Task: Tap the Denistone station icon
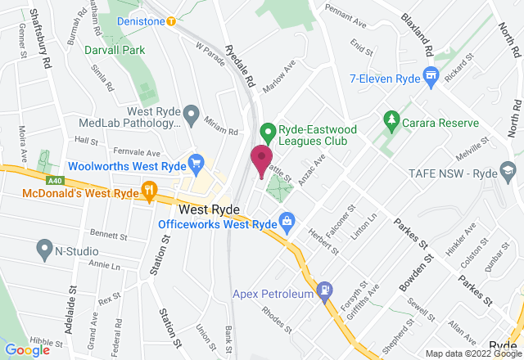[170, 22]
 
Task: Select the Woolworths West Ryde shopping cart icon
[195, 161]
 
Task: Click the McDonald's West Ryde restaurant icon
[149, 191]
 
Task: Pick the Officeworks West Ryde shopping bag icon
[287, 221]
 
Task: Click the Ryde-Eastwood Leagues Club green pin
[266, 130]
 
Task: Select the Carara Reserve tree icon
[391, 121]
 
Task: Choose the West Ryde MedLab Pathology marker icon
[192, 114]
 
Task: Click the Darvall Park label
[114, 49]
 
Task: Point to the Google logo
[25, 349]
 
